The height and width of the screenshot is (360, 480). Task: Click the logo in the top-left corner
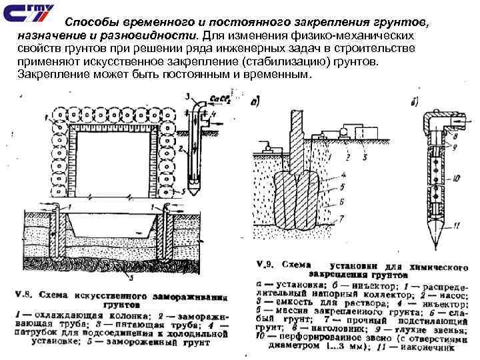tap(25, 13)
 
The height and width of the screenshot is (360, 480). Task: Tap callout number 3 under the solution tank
tap(365, 159)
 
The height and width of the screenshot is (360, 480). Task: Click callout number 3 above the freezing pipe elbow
tap(190, 95)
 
